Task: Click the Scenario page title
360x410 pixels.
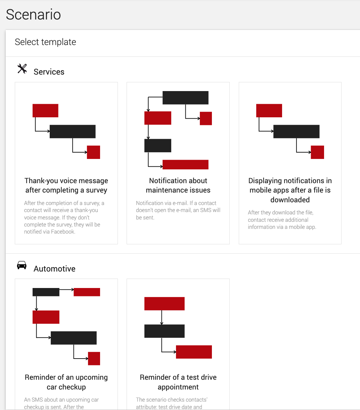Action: tap(33, 14)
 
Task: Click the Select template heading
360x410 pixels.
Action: tap(45, 42)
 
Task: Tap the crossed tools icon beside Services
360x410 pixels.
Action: tap(22, 69)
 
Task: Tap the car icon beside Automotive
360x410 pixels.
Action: tap(21, 265)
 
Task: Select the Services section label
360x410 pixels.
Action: tap(49, 72)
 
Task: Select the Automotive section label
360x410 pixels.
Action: tap(54, 269)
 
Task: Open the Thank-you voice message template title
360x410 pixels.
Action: tap(66, 186)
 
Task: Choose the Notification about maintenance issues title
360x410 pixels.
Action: tap(178, 186)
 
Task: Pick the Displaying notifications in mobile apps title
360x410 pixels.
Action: tap(290, 190)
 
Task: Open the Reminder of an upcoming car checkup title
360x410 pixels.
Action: tap(66, 382)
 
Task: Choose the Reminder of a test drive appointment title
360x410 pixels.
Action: tap(178, 382)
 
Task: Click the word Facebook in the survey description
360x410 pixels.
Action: tap(62, 232)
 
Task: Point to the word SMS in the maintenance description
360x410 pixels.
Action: tap(206, 210)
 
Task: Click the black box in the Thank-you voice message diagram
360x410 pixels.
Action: tap(73, 131)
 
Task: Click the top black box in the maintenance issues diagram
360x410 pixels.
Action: tap(185, 98)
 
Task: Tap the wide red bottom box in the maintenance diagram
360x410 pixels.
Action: tap(185, 165)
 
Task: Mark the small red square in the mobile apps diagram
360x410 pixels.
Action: tap(317, 152)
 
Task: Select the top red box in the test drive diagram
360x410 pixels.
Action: tap(165, 303)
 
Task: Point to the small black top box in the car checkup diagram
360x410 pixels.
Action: tap(46, 292)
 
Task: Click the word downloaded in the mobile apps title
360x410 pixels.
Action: tap(290, 200)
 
